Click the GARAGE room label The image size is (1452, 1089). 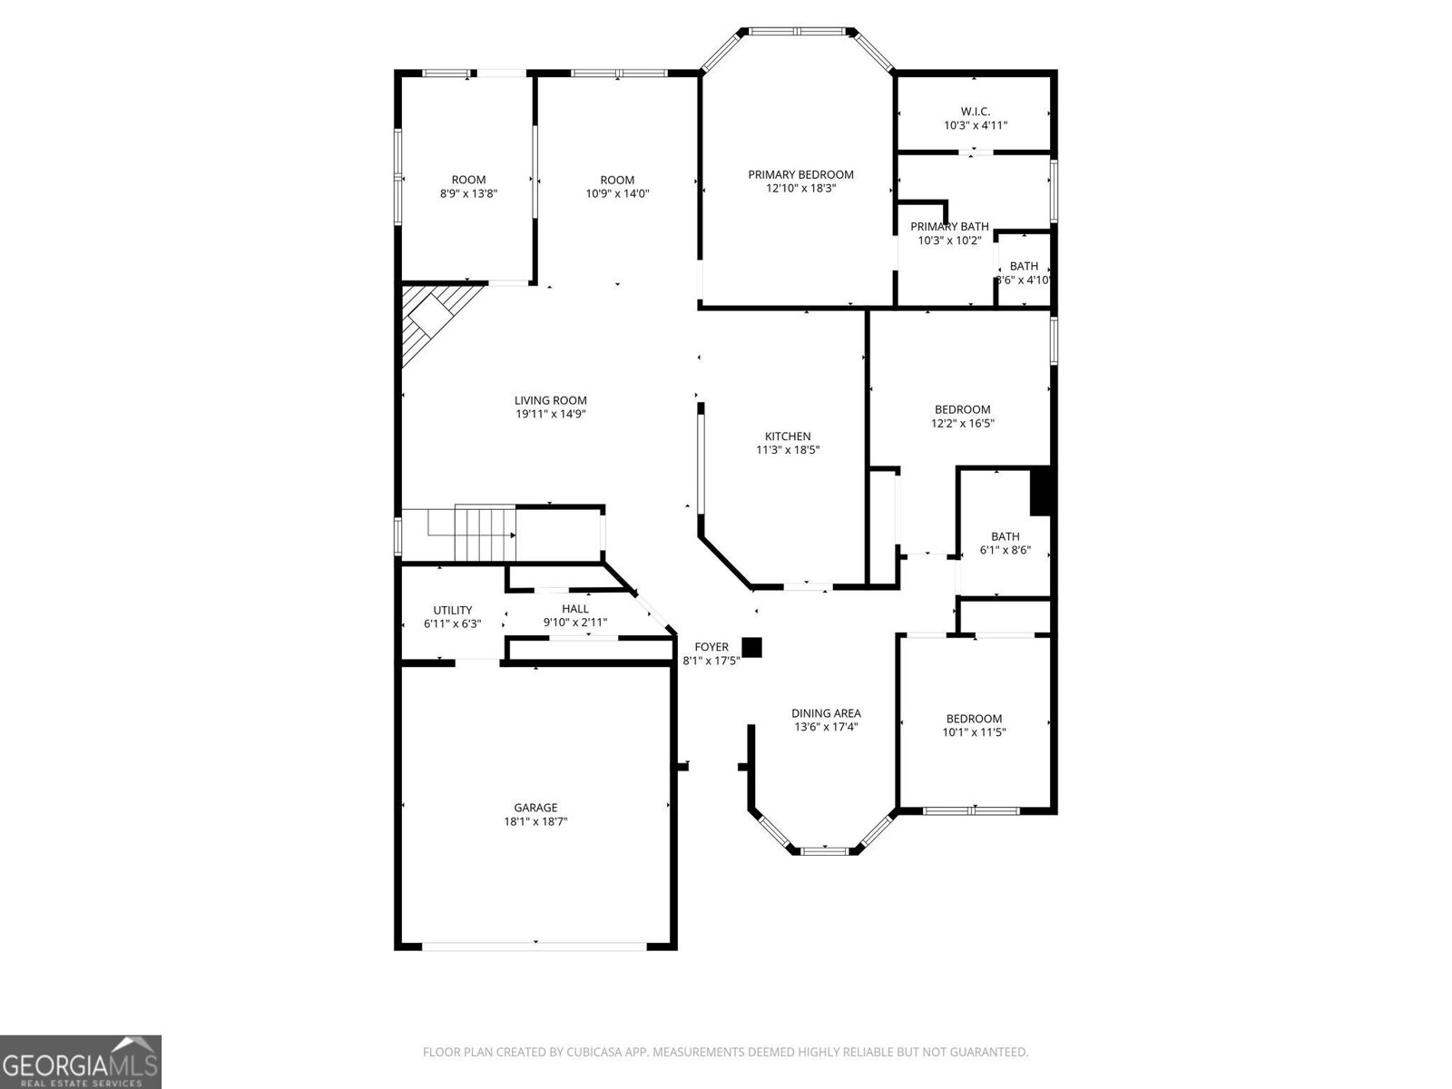coord(535,808)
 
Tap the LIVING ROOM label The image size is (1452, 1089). coord(550,400)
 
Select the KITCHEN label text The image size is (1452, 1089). coord(787,437)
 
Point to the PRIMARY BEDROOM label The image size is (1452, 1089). coord(800,174)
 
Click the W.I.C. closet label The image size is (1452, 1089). coord(975,112)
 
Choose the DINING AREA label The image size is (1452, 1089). coord(826,713)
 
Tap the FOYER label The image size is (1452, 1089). coord(711,647)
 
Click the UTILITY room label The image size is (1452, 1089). coord(453,610)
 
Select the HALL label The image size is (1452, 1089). coord(574,609)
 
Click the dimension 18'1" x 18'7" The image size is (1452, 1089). coord(535,822)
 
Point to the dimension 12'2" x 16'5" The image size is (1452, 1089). coord(963,423)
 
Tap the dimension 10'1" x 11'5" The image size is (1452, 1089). coord(974,732)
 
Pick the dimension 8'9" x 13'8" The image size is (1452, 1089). coord(468,193)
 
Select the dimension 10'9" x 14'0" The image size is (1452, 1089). coord(617,193)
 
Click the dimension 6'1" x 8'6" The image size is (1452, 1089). coord(1005,550)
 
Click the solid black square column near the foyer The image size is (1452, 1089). coord(751,647)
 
